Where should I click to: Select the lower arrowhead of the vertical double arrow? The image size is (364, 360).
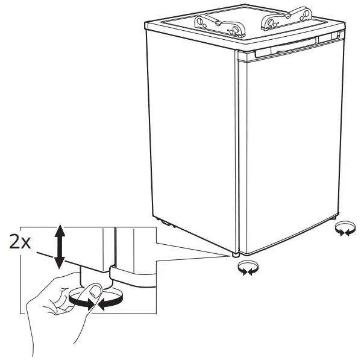point(59,263)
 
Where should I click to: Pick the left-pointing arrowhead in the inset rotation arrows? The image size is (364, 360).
point(102,305)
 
